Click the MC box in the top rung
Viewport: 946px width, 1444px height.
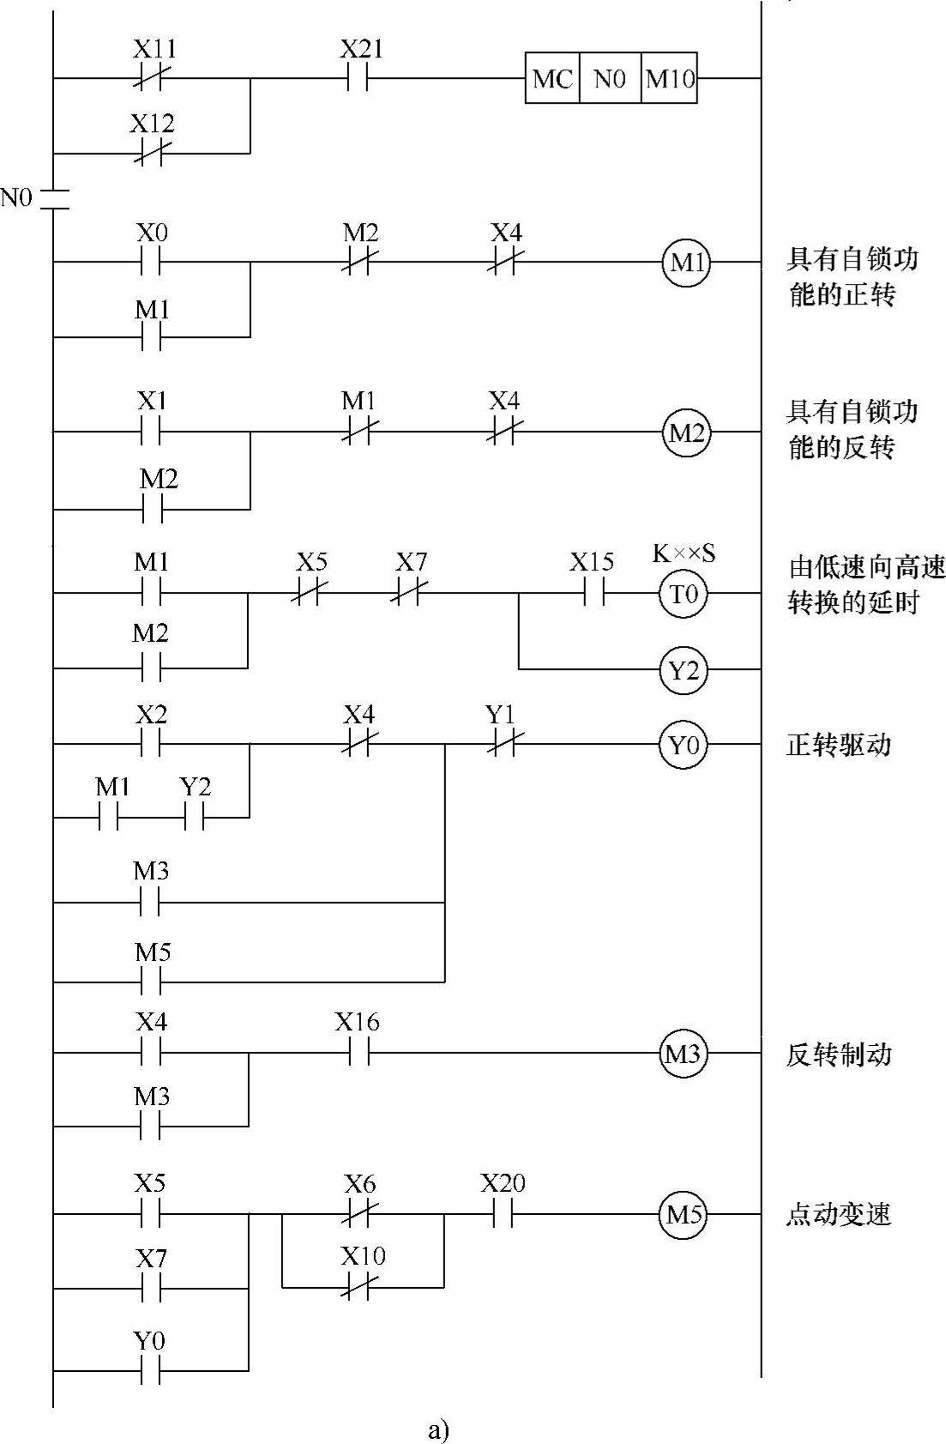click(551, 79)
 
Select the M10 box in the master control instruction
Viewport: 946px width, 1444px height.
click(670, 79)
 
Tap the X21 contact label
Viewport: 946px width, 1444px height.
click(360, 49)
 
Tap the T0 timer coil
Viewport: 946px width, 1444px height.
click(684, 593)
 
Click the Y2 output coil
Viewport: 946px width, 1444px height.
click(684, 669)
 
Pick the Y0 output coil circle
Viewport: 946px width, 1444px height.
click(684, 745)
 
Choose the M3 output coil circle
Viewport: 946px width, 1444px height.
click(684, 1053)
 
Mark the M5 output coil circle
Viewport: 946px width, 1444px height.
click(684, 1214)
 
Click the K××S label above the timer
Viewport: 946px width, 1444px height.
click(684, 553)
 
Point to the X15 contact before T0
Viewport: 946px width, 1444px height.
click(592, 593)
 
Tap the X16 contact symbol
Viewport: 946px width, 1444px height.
click(358, 1053)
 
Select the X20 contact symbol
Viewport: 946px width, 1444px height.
click(502, 1214)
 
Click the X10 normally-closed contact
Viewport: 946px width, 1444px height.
click(358, 1287)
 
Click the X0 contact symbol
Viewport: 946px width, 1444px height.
click(151, 262)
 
